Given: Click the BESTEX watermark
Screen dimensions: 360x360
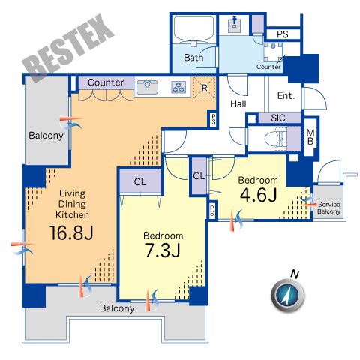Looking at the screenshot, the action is pos(68,48).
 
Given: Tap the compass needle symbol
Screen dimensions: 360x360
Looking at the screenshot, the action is pos(288,295).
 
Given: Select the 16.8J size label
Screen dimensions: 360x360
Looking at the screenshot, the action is pos(71,232).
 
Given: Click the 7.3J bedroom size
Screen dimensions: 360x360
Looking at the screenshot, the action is pos(163,250).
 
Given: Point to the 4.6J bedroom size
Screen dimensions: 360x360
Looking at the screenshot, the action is pos(258,195).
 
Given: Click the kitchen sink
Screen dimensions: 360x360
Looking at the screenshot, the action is pos(147,87).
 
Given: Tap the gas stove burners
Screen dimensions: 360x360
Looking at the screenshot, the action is pos(178,87).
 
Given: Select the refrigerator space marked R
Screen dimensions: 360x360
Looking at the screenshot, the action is pos(205,87).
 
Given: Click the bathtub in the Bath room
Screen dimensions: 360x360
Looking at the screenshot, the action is pos(194,28).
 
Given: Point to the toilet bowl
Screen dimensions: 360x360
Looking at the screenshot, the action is pos(274,139).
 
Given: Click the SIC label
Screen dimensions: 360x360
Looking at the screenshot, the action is pos(278,118).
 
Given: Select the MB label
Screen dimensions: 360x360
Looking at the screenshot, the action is pos(310,137).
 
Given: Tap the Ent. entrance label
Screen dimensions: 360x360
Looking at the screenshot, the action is pos(286,95).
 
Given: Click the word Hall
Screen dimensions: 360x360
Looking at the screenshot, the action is pos(238,103).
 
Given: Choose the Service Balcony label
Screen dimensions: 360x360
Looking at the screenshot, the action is pos(328,208).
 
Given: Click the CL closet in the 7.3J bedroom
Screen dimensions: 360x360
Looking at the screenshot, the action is pos(140,181).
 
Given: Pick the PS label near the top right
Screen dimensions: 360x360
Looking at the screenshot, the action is pos(283,34).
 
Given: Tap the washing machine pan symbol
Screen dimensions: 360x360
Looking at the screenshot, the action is pos(273,52).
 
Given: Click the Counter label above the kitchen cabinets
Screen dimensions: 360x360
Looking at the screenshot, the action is pos(106,82).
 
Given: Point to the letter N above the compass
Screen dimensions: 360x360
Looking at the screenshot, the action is pos(295,274).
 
